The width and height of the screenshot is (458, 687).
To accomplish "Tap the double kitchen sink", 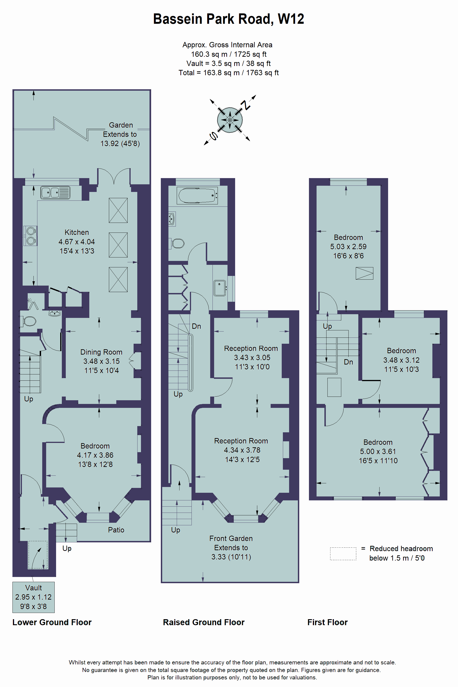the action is coord(55,193).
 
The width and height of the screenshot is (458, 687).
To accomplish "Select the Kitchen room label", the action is coord(77,232).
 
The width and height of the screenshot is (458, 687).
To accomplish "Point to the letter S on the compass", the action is coord(213,136).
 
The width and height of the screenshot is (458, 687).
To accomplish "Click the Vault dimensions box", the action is coord(34,597).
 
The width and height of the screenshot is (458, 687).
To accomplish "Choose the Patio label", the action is coord(116,530).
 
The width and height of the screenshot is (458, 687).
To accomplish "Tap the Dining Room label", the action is coord(101,352).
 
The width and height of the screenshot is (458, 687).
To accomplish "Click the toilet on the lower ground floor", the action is coord(28,321).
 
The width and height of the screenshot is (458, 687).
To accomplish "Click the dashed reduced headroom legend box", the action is coord(343,554).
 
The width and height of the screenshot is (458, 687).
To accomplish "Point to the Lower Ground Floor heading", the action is coord(52,622).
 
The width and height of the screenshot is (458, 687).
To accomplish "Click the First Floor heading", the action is coord(327,622).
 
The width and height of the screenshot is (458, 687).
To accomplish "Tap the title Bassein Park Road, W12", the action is coord(229,19).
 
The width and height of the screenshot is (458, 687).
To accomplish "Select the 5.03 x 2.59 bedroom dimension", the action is coord(348,247).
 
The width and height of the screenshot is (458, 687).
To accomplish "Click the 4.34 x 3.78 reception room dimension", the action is coord(242,450).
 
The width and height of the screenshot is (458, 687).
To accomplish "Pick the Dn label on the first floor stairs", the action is coord(348,362).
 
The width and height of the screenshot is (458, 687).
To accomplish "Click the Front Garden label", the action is coord(231,538).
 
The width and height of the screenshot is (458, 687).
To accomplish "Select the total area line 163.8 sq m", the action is coord(229,73).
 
